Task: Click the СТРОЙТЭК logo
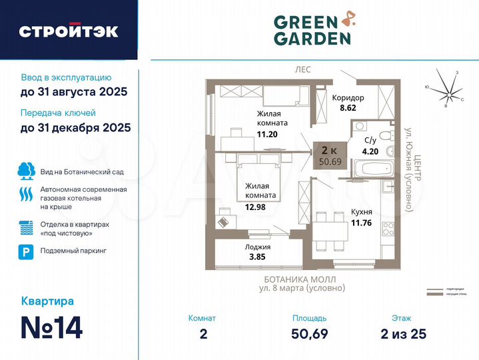(x=69, y=31)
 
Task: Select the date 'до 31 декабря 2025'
(x=75, y=127)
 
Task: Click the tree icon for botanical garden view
(x=26, y=171)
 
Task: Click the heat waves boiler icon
(x=26, y=194)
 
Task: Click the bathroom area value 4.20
(x=370, y=151)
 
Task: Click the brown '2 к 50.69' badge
(x=330, y=155)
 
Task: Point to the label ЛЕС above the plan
(x=303, y=69)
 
